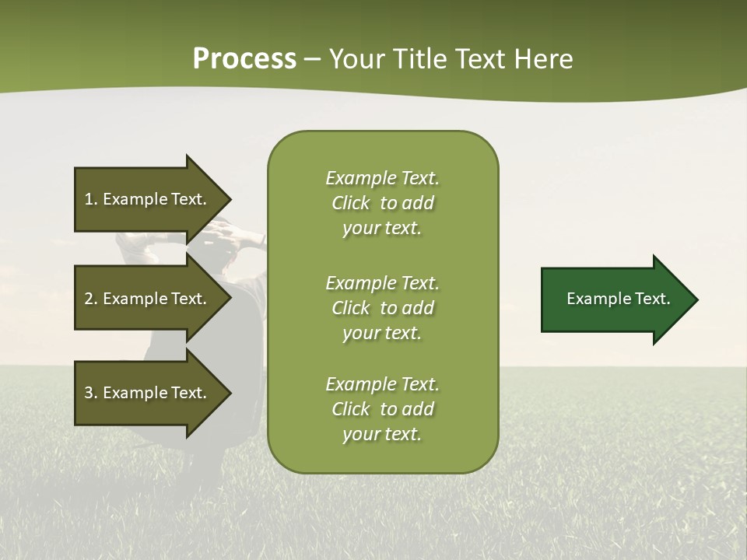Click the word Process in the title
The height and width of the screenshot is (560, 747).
[244, 59]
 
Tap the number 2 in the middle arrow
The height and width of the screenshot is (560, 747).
[89, 299]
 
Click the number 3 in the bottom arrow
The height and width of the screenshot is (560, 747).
[89, 393]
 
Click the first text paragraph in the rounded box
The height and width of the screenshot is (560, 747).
[382, 203]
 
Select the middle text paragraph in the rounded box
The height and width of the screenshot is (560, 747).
[382, 308]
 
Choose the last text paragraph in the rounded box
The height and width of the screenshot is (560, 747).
[382, 409]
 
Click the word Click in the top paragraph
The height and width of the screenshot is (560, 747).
[351, 204]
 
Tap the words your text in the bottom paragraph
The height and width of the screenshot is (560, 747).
[382, 435]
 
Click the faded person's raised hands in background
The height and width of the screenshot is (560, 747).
[226, 232]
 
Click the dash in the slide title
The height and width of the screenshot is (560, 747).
[312, 60]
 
